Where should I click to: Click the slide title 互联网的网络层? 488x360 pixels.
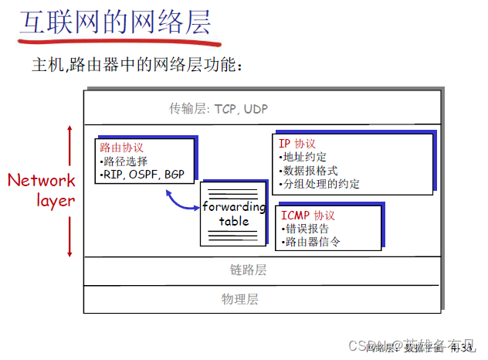115,22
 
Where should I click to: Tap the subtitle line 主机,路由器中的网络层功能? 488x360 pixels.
137,66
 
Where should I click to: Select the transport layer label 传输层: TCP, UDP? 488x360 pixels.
219,109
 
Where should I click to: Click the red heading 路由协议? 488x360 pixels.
122,147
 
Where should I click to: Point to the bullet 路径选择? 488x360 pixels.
124,161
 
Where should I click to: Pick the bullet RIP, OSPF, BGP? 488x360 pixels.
143,175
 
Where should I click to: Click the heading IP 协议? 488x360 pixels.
297,144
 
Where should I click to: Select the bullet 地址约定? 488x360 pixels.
303,157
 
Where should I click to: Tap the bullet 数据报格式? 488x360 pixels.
310,171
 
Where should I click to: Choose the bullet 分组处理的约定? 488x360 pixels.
320,185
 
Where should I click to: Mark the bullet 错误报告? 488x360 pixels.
305,228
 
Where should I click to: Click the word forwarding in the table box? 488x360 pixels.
234,207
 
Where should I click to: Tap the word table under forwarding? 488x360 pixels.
234,221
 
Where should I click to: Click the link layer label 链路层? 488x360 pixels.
248,270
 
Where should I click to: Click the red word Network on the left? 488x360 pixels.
42,181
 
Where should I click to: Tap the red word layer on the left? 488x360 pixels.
56,201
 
